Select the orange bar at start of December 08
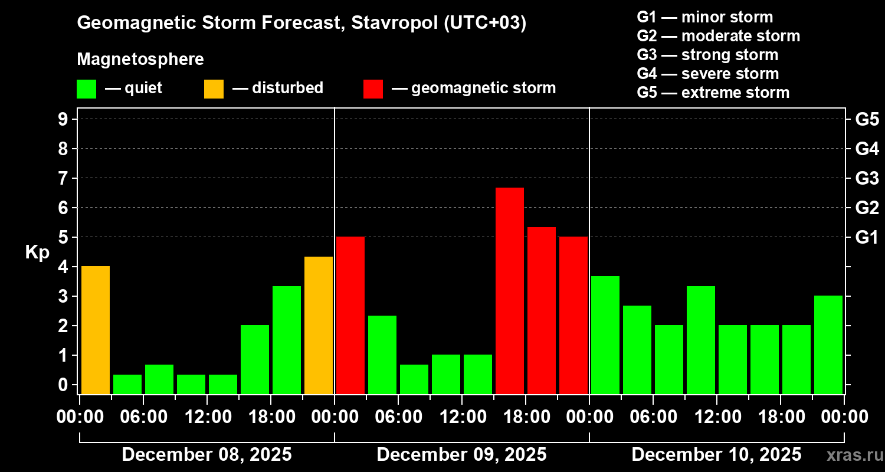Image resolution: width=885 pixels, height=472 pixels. click(96, 330)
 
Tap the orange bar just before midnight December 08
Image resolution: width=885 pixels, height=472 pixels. click(319, 325)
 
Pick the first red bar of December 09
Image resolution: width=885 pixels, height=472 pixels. click(350, 315)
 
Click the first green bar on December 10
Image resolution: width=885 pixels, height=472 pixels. click(605, 335)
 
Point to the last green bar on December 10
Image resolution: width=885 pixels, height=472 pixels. click(828, 345)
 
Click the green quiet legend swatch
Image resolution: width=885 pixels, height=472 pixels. click(86, 89)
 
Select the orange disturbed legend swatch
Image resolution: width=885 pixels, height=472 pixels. click(214, 89)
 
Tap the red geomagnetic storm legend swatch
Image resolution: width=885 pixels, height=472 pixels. click(373, 89)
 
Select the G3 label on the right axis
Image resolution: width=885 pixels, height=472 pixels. click(867, 178)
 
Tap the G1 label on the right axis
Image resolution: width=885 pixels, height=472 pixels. click(867, 237)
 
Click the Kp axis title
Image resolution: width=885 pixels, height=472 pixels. click(37, 253)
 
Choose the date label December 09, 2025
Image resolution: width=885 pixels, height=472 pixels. click(461, 455)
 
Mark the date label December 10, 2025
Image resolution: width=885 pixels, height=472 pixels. click(716, 455)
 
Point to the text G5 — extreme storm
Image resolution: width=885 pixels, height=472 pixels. click(713, 93)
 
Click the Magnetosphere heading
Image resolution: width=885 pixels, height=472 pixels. click(140, 60)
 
